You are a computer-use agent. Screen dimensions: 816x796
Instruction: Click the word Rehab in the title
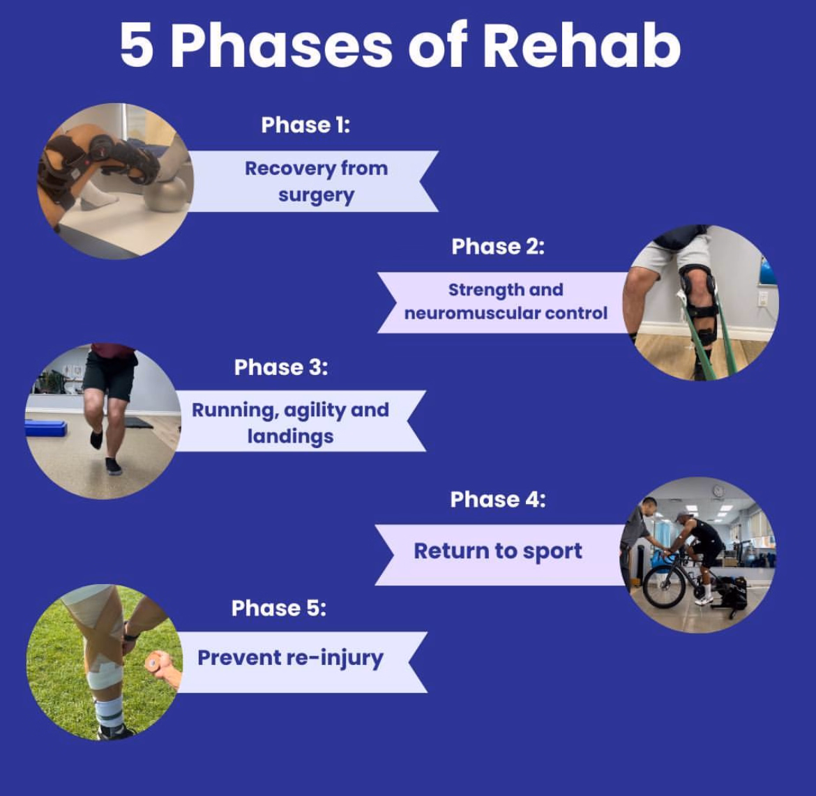(x=581, y=46)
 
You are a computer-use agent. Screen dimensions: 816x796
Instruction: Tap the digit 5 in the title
(x=137, y=46)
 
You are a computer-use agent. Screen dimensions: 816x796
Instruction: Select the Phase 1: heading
(x=305, y=125)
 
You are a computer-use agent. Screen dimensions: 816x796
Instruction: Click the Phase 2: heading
(x=497, y=247)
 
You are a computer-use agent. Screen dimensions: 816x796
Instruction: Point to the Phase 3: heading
(x=280, y=367)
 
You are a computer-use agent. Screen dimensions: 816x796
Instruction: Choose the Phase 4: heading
(x=497, y=499)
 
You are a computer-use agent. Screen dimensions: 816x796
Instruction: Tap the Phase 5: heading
(x=278, y=608)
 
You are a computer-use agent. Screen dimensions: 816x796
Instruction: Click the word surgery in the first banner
(x=316, y=195)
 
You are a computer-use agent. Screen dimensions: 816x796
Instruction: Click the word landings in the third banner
(x=290, y=437)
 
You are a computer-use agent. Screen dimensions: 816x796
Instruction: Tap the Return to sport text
(x=497, y=551)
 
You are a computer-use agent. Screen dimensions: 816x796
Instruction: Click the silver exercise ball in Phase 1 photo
(x=165, y=194)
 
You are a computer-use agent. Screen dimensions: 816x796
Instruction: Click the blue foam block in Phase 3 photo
(x=46, y=428)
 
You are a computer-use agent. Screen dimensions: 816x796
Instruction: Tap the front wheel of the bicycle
(x=664, y=586)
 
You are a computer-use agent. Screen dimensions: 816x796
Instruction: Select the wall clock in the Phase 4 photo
(x=718, y=491)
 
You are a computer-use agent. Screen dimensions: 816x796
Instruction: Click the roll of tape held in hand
(x=153, y=662)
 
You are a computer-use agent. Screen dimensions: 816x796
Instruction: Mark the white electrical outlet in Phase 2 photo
(x=762, y=298)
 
